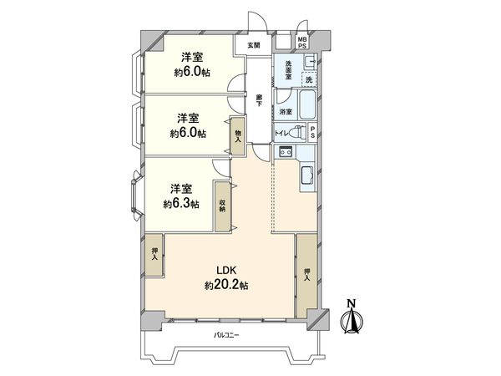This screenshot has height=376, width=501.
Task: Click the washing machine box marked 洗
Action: [x=308, y=79]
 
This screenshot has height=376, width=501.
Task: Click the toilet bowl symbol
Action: [x=296, y=132]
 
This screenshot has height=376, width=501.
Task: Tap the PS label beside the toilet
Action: [x=312, y=132]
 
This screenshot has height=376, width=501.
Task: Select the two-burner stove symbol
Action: [x=284, y=151]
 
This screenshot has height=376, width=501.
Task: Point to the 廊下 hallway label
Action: [x=261, y=98]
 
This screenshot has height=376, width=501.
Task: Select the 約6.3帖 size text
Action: [x=180, y=203]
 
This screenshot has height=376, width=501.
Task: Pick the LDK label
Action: [x=227, y=270]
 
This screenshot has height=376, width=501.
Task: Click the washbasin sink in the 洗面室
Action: [x=308, y=60]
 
